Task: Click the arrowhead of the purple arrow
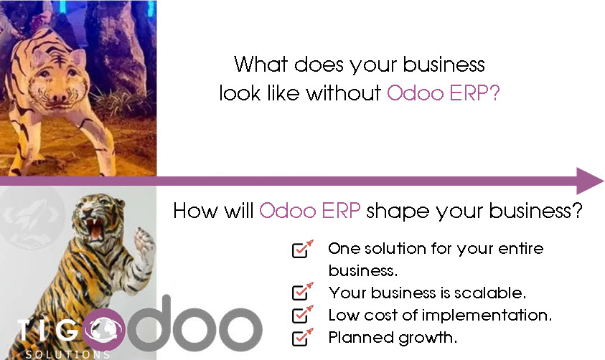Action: coord(590,181)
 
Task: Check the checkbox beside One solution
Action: coord(302,249)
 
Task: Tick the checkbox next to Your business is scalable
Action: coord(302,293)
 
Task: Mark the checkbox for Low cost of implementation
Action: coord(302,314)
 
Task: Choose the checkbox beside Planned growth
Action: coord(302,336)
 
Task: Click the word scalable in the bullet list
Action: coord(496,293)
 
